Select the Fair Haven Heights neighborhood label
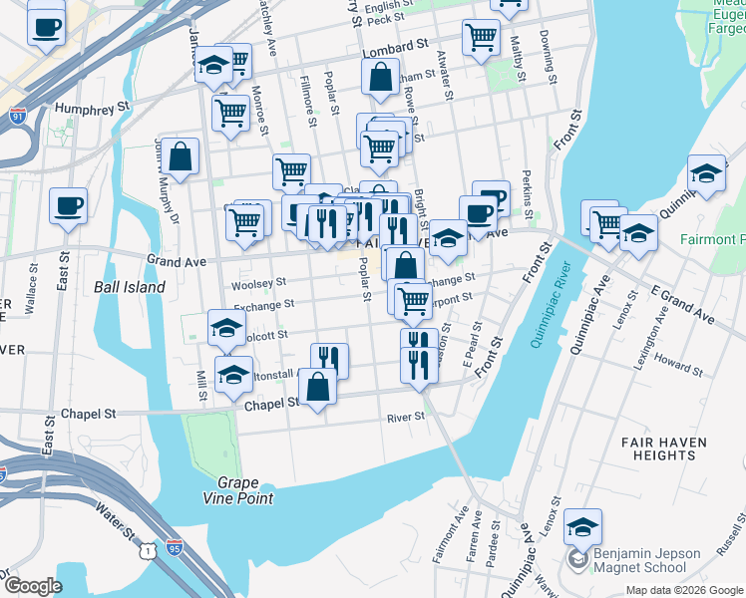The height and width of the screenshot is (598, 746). click(x=663, y=448)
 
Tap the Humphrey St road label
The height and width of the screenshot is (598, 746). click(x=95, y=106)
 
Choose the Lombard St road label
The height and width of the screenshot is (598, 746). click(x=394, y=48)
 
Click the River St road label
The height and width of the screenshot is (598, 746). click(x=406, y=418)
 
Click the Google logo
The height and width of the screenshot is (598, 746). click(x=33, y=586)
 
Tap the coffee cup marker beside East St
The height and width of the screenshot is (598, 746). click(x=68, y=205)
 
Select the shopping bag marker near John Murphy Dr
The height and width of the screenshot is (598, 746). click(x=181, y=155)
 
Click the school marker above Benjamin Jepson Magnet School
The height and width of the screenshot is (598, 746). click(x=583, y=525)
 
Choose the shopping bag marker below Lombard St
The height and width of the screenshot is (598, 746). click(x=380, y=76)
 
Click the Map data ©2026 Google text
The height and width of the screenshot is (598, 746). click(x=684, y=590)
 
